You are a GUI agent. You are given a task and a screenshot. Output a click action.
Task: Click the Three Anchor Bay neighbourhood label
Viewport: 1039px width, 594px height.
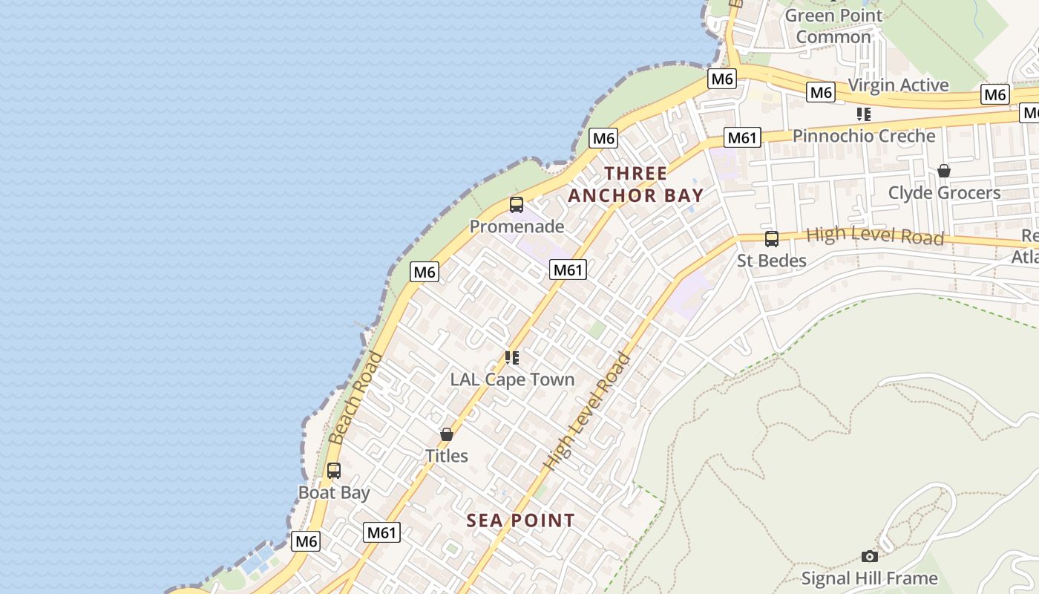point(635,184)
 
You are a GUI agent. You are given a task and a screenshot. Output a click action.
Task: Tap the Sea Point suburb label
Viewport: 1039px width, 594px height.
point(520,520)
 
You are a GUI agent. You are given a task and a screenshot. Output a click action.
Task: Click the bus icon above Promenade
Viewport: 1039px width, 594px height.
point(517,205)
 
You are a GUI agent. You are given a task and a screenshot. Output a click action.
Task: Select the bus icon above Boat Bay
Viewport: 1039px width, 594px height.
point(334,470)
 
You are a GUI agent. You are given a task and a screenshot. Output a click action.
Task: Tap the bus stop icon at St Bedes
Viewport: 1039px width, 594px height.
point(772,238)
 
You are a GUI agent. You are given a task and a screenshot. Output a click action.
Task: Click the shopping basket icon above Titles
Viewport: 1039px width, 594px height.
point(447,434)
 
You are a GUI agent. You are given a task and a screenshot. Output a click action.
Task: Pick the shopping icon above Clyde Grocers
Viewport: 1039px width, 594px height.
point(944,171)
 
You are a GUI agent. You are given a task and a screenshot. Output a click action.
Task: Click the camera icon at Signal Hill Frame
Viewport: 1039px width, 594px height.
point(870,556)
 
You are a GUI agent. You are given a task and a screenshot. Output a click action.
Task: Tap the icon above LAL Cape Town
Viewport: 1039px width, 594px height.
point(512,358)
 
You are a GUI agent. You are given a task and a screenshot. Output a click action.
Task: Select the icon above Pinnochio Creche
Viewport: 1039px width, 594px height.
point(864,114)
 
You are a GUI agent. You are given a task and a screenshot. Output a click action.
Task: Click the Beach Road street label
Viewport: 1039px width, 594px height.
point(356,398)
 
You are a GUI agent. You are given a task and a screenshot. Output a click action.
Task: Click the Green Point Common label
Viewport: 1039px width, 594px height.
point(833,26)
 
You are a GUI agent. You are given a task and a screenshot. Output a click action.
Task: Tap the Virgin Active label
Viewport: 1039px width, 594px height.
point(898,85)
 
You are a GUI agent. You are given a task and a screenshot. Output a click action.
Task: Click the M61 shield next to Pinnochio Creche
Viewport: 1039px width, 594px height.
point(742,137)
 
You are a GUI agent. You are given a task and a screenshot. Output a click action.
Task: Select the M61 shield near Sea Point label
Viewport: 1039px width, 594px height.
point(382,532)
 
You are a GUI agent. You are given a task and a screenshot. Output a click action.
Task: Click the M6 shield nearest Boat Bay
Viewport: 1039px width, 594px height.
point(307,541)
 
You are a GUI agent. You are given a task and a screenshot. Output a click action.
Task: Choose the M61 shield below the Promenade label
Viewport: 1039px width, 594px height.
point(568,270)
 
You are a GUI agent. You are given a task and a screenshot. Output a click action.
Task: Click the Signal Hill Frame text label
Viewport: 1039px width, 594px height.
point(869,578)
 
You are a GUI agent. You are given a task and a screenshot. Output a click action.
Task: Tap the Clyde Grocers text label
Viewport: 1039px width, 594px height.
point(944,193)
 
